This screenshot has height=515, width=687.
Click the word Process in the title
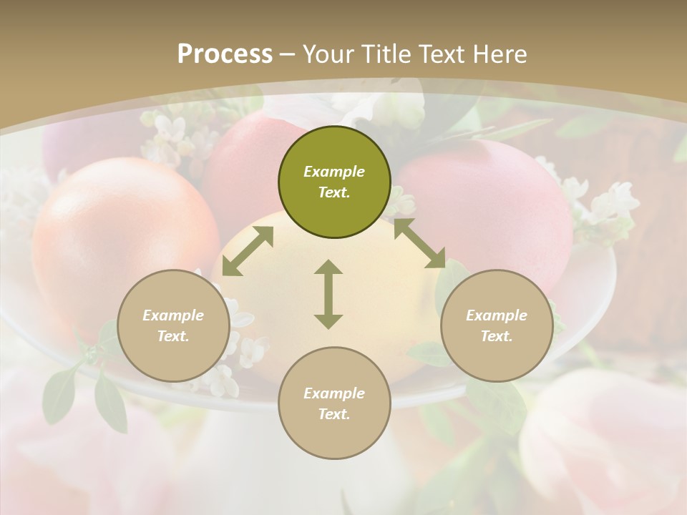coord(225,54)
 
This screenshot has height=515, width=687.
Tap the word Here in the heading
coord(500,54)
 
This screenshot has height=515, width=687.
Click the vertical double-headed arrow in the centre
coord(328,294)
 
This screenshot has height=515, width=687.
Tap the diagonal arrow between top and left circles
coord(248,251)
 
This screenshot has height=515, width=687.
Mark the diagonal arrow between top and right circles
coord(419,243)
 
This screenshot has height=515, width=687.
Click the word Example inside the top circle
coord(334,172)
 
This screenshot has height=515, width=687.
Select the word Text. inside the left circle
coord(173,336)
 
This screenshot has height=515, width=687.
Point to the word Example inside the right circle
coord(497,315)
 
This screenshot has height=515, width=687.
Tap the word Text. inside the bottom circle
coord(334,414)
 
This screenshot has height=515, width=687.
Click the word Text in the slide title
coord(443,54)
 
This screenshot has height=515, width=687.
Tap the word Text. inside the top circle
coord(334,192)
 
